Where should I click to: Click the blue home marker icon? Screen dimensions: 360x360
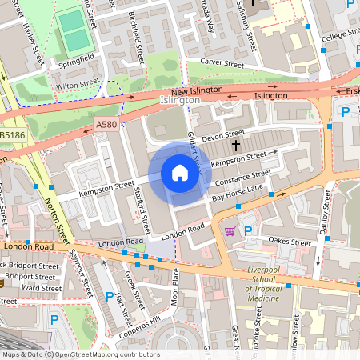click(179, 173)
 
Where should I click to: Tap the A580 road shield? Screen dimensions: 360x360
click(106, 125)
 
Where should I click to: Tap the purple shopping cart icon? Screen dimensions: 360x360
click(230, 231)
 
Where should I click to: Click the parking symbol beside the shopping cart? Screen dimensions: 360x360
click(248, 231)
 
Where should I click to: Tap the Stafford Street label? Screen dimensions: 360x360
click(144, 206)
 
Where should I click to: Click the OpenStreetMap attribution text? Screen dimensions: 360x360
click(80, 354)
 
